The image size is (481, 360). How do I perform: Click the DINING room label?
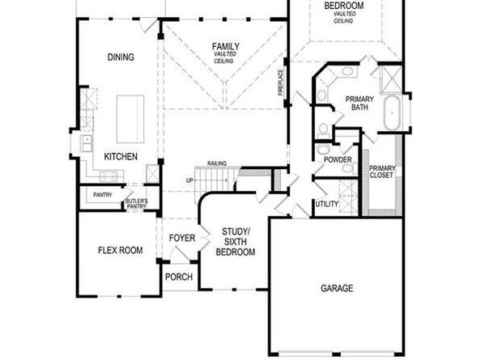[120, 57]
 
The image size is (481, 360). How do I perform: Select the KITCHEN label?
[120, 156]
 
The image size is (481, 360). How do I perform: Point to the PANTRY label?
[102, 195]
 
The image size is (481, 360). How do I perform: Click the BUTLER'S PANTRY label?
[136, 202]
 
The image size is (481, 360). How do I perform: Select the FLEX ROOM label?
[120, 250]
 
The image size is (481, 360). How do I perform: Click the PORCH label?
[179, 276]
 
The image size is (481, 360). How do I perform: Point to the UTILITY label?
[327, 205]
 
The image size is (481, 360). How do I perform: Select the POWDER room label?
[337, 159]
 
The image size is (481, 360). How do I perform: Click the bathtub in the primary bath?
[393, 114]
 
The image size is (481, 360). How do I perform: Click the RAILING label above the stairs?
[216, 163]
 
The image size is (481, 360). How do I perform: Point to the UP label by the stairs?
[189, 180]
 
